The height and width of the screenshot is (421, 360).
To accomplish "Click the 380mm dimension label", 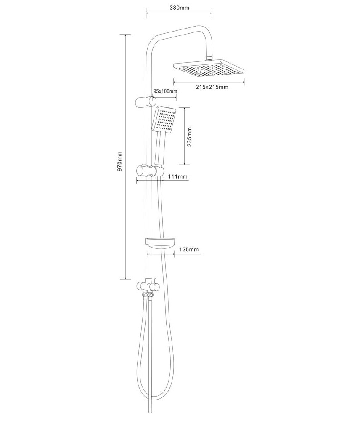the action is coord(179,8).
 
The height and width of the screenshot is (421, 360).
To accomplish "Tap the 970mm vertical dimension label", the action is coord(119,161).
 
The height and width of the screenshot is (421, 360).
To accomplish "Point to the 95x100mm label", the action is coord(165,91).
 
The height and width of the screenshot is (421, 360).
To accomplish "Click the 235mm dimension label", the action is coord(190,137).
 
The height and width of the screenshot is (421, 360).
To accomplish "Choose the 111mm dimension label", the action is coord(178,176).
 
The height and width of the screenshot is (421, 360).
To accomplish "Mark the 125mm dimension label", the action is coord(189,249).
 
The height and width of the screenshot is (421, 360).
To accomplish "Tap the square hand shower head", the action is coord(164,120).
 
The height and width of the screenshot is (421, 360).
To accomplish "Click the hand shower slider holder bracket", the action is coord(150,171).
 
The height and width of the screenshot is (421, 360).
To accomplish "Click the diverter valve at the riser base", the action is coord(148,287).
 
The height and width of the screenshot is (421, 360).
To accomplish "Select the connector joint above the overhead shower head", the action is coord(209,58).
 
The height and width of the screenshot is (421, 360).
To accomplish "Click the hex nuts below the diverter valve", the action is coord(148,295).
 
